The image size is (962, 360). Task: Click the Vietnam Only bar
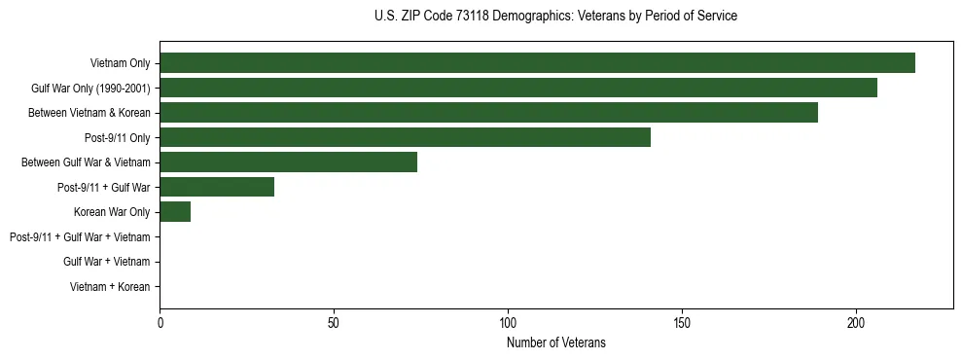pos(537,63)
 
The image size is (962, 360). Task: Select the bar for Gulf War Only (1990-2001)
pos(518,88)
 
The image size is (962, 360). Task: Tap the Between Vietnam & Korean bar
pos(488,113)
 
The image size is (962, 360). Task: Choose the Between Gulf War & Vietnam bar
pos(288,162)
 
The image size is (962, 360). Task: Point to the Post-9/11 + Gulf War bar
pos(217,187)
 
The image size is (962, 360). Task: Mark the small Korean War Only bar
pos(175,212)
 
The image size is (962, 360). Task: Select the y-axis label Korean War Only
pos(112,212)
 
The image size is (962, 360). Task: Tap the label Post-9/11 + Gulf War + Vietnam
pos(80,237)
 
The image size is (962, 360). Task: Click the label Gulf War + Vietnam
pos(107,262)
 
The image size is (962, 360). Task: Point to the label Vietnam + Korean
pos(110,287)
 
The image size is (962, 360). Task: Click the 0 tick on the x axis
pos(160,322)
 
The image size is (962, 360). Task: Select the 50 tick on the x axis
pos(334,322)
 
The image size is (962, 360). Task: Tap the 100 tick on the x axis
pos(508,322)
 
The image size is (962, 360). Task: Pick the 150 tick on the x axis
pos(682,322)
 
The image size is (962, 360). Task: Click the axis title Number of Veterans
pos(556,342)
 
